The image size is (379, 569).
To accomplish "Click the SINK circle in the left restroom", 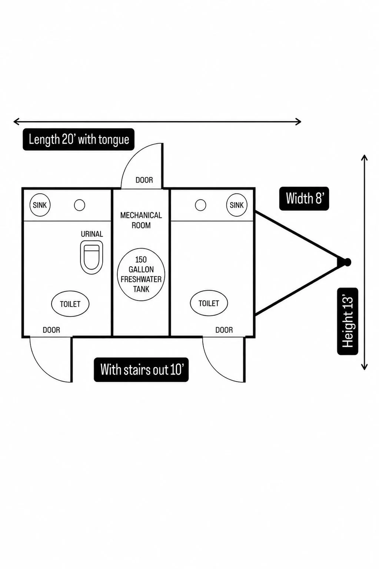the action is (40, 205).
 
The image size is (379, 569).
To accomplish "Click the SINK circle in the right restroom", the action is (237, 205).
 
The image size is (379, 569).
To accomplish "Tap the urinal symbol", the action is (92, 257).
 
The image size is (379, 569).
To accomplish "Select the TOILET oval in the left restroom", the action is (70, 304).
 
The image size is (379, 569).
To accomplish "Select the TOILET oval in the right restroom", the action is (209, 303).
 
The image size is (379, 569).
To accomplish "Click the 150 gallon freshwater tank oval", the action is (141, 274).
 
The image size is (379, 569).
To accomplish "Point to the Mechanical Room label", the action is (141, 220).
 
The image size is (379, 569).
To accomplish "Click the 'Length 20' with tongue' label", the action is (79, 140).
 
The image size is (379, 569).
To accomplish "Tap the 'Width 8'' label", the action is (304, 198).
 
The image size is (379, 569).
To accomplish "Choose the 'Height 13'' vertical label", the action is (348, 321).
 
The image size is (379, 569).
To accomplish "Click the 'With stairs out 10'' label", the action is (141, 369).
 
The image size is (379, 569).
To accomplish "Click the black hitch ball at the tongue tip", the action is (347, 262).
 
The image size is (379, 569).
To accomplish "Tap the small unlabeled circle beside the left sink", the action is (79, 205).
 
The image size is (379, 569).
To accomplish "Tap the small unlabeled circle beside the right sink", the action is (200, 205).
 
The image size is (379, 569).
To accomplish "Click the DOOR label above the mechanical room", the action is (144, 180).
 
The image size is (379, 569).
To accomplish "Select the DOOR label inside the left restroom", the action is (51, 330).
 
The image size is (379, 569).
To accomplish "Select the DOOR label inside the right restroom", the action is (224, 330).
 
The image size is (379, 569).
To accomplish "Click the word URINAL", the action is (92, 234).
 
